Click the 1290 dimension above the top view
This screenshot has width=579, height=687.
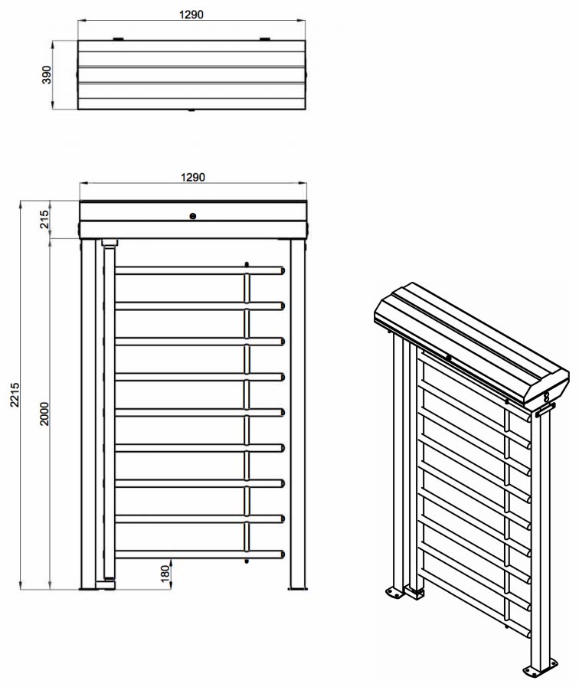(191, 15)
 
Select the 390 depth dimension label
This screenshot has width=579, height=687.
(47, 75)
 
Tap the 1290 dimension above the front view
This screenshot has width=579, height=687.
(193, 177)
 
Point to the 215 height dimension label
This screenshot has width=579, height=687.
(44, 219)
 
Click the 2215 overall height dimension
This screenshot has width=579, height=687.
(15, 394)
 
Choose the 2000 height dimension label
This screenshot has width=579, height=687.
(44, 414)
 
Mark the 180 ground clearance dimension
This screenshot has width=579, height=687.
(165, 574)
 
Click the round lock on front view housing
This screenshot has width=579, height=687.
(192, 216)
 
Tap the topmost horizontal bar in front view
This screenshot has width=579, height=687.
(200, 270)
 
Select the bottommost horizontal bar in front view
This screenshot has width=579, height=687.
(200, 555)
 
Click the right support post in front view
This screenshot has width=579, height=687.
(297, 414)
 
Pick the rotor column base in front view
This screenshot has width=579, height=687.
(106, 584)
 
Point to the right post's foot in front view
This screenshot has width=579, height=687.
(297, 588)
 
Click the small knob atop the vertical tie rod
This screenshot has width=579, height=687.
(247, 264)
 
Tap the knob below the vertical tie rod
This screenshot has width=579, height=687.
(247, 561)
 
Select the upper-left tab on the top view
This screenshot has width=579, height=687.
(118, 39)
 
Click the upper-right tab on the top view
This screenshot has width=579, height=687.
(265, 39)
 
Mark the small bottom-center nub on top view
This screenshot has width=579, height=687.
(191, 110)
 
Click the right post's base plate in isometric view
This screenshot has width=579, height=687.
(541, 668)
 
